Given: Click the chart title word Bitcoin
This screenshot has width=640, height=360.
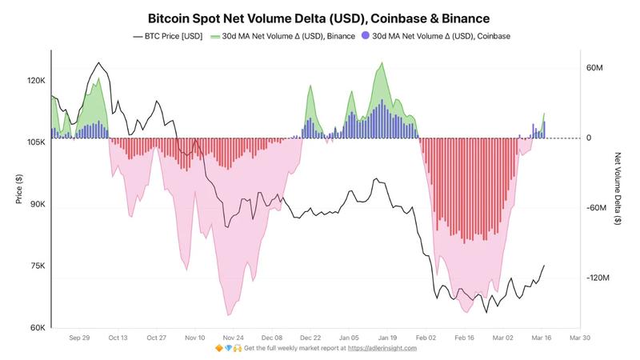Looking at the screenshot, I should pos(171,16).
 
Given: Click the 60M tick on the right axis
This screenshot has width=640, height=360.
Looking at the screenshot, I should pos(595,68).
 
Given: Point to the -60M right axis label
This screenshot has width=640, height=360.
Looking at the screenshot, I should pos(597,208).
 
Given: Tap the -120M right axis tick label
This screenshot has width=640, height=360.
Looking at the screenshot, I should pos(598,278).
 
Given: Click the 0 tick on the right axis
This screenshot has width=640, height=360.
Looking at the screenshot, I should pos(589,138).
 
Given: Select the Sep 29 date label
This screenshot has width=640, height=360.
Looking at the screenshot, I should pos(79,338).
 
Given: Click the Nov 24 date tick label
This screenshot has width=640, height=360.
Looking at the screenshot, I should pos(234,338).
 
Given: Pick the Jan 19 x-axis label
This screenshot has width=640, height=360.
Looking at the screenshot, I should pos(388,338).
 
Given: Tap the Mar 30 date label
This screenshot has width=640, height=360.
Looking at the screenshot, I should pos(580,338).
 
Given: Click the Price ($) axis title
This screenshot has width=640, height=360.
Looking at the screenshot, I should pos(18,189).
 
